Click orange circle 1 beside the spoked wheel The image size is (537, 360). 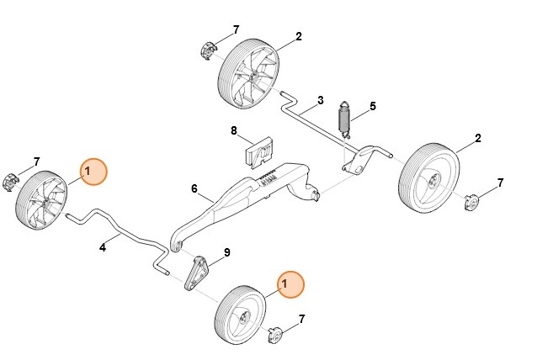tap(93, 172)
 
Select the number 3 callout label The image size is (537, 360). tap(321, 101)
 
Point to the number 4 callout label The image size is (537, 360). tap(103, 247)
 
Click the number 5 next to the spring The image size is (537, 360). tap(373, 108)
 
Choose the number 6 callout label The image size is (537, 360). tap(194, 190)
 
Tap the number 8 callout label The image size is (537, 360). tap(235, 130)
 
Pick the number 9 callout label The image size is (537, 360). tap(226, 252)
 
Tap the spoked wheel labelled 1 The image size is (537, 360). tap(42, 199)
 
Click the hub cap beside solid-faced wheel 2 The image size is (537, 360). tap(472, 203)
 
